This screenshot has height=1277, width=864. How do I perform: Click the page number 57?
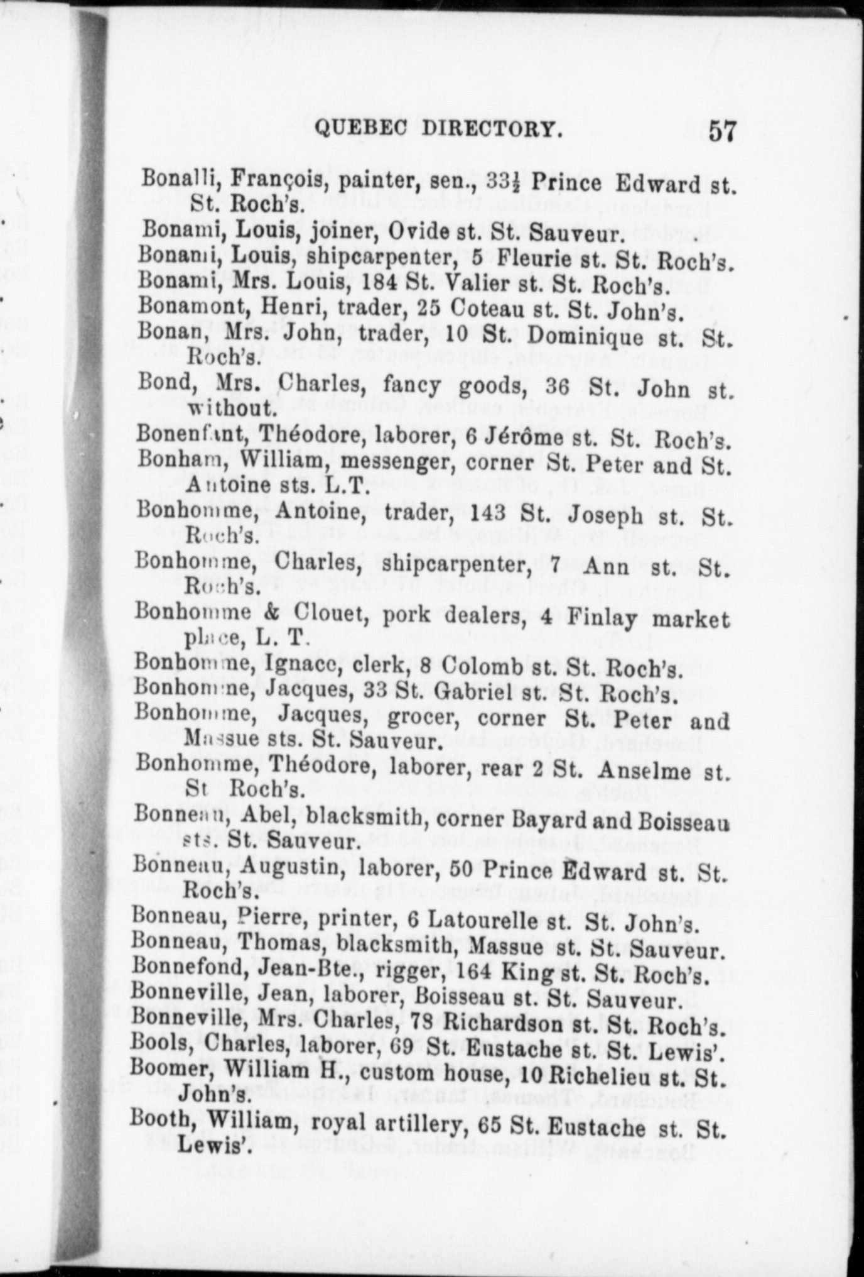(722, 133)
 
